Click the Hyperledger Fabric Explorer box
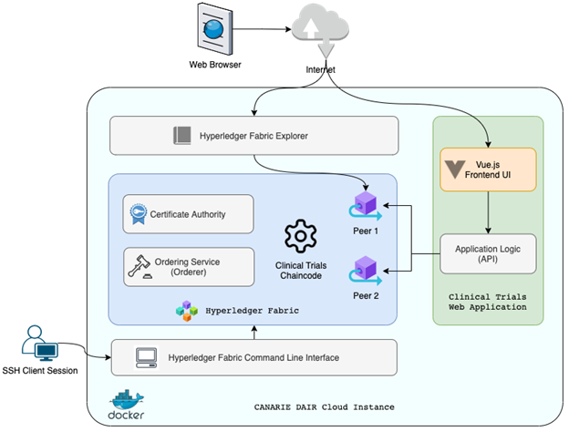(x=253, y=136)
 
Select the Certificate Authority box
(x=188, y=214)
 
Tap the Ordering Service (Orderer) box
(x=188, y=266)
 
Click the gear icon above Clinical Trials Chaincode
(x=299, y=235)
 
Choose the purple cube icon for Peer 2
(x=365, y=268)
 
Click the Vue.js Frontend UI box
(x=487, y=169)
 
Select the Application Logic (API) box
(x=487, y=253)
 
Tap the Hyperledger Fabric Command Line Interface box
(x=253, y=357)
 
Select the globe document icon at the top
(x=212, y=27)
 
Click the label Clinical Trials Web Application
(x=487, y=302)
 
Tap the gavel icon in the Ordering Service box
(x=141, y=266)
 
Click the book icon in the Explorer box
(x=181, y=136)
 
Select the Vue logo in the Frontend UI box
(x=457, y=169)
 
